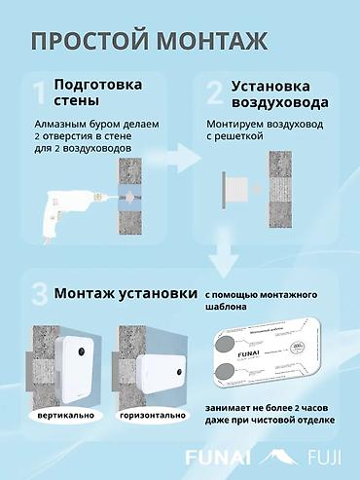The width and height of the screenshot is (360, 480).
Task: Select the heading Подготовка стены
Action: click(x=97, y=96)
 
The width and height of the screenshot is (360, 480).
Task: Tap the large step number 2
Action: click(x=215, y=94)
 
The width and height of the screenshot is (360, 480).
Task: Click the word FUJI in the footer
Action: click(x=317, y=457)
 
